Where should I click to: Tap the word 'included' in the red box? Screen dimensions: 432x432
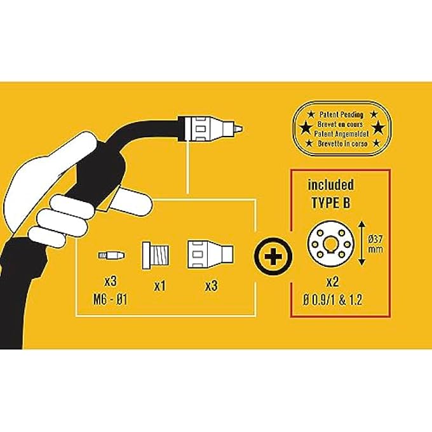pos(330,185)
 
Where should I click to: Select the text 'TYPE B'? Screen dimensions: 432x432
pos(330,203)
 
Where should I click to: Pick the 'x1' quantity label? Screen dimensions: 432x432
pos(160,286)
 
